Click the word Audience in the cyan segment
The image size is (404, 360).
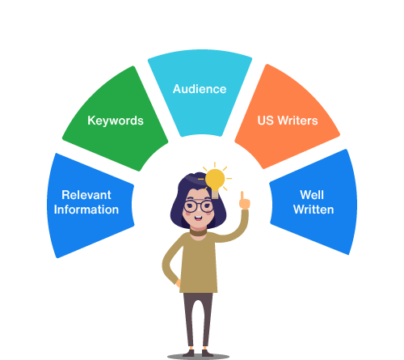[x=200, y=89]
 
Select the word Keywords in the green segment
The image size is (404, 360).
[x=116, y=121]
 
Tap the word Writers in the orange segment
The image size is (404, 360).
[x=297, y=121]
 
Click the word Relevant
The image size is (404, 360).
[x=86, y=195]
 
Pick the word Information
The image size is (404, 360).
[x=86, y=210]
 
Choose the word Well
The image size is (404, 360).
[x=312, y=195]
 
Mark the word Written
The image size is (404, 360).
[x=314, y=210]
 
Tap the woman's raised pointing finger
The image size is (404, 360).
[x=242, y=196]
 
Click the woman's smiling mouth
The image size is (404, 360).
[x=198, y=218]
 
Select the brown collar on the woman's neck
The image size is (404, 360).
[x=198, y=231]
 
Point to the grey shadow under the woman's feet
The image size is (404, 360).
[x=198, y=357]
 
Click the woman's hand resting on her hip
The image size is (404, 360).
[x=179, y=283]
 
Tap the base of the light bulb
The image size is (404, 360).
[x=215, y=194]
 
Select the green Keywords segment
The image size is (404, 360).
[x=116, y=120]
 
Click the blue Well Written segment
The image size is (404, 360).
[x=314, y=202]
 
